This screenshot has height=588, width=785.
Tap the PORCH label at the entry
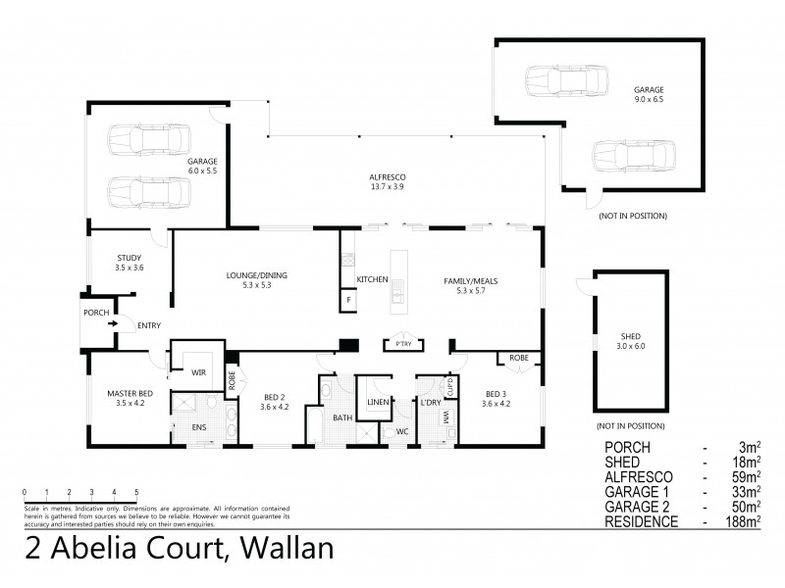coord(96,313)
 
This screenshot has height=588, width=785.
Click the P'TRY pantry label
coord(401,345)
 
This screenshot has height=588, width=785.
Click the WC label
coord(401,431)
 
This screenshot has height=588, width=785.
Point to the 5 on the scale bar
coord(136,491)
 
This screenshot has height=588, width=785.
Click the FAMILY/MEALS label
coord(471,281)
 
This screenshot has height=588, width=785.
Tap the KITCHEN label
coord(373,281)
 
